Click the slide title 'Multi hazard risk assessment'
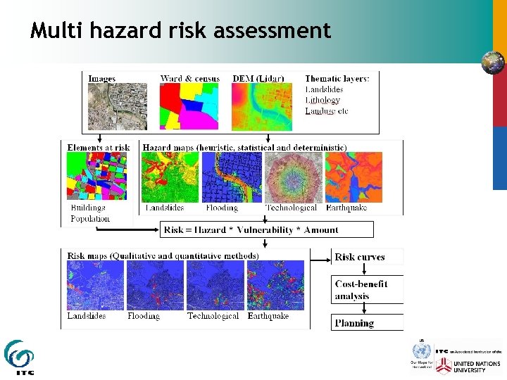click(x=180, y=31)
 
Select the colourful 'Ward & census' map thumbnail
click(x=189, y=106)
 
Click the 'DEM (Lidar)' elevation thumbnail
click(x=261, y=106)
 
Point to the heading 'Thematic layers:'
click(x=337, y=79)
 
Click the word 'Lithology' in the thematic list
click(x=323, y=100)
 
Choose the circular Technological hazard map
click(x=293, y=177)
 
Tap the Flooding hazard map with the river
click(x=232, y=177)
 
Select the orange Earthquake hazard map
click(x=353, y=177)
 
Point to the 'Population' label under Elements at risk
click(x=90, y=219)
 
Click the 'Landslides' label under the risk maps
click(x=86, y=317)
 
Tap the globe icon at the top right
click(x=493, y=62)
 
